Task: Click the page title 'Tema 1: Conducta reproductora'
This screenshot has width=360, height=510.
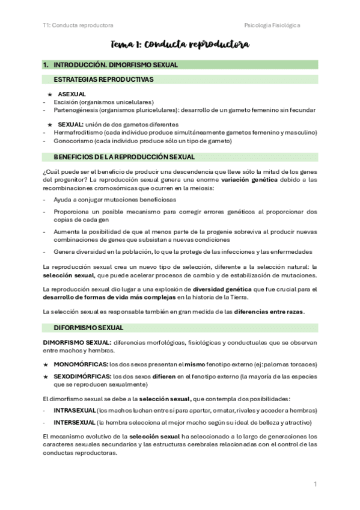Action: (180, 45)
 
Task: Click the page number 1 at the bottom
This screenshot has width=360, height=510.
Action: (315, 484)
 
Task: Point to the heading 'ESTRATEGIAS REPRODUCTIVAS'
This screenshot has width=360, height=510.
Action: (103, 79)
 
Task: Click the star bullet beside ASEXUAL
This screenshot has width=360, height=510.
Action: (50, 94)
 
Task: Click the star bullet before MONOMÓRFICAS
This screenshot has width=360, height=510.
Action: (46, 364)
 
